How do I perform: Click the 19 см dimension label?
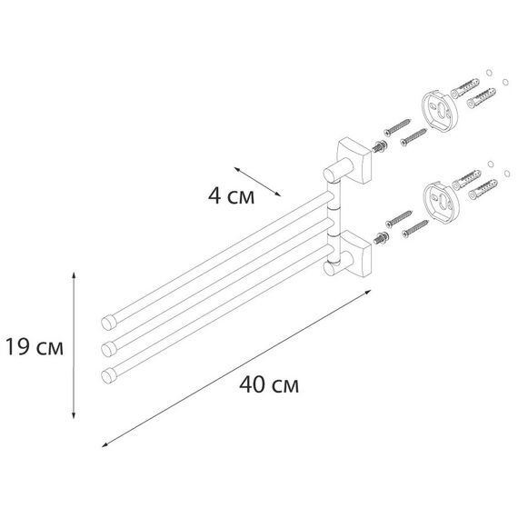point(35,347)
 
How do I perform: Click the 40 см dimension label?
point(269,384)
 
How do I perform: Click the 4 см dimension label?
point(231,195)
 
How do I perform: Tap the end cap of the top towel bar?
point(109,323)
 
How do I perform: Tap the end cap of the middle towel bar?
point(109,349)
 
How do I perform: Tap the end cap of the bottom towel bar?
point(109,376)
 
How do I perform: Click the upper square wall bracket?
point(354,161)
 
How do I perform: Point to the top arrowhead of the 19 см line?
point(74,274)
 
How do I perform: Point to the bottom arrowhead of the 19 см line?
point(74,415)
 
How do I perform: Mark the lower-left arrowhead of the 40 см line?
point(105,445)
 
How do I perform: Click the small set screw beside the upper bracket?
point(379,146)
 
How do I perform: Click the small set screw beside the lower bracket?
point(381,238)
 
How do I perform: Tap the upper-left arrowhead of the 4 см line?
point(237,169)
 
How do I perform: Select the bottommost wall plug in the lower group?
point(483,189)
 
